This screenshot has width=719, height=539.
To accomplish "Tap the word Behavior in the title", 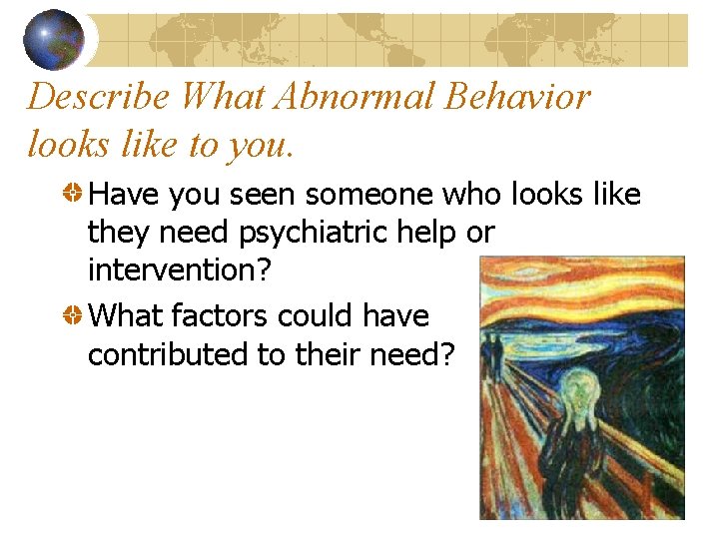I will tap(520, 97).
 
